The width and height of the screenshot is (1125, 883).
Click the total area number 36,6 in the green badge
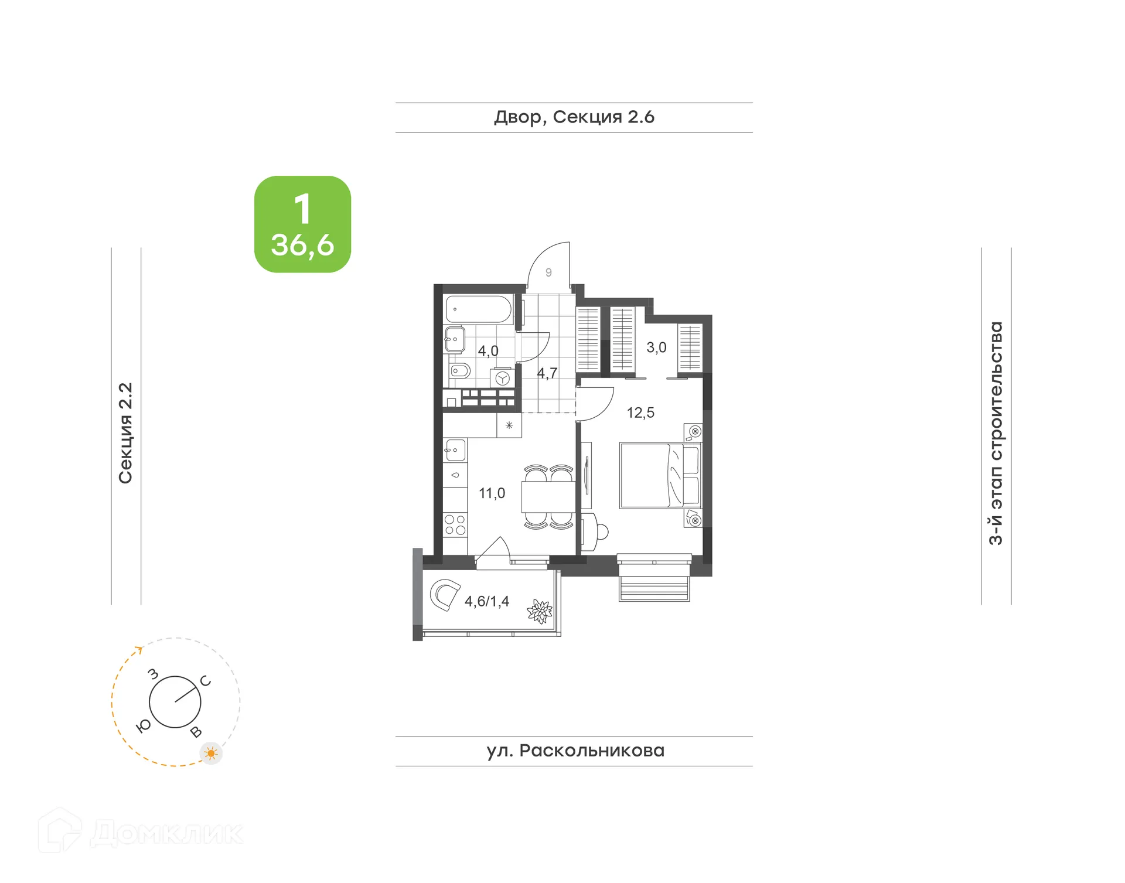302,245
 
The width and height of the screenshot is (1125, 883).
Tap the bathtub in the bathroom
478,309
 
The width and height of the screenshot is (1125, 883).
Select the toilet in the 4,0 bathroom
460,371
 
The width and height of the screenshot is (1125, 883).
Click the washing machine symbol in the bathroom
502,378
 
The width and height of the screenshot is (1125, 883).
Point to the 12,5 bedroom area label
640,413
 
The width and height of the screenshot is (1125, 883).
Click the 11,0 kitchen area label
492,493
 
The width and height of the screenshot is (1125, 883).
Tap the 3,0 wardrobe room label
656,347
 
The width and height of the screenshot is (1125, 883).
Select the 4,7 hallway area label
547,373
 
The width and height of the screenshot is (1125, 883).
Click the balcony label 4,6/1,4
487,601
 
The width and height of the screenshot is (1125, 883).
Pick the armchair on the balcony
445,594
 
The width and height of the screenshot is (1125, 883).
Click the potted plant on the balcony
540,612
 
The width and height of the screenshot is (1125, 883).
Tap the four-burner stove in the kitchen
455,525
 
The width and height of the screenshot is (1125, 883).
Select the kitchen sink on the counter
455,451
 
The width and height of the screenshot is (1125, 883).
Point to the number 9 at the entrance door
548,272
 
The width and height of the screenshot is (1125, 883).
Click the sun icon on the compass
211,753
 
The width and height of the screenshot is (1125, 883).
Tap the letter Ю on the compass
143,727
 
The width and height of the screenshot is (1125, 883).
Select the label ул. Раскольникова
575,751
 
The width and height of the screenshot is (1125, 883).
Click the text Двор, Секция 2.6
574,117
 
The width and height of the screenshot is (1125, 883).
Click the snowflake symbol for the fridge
509,425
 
